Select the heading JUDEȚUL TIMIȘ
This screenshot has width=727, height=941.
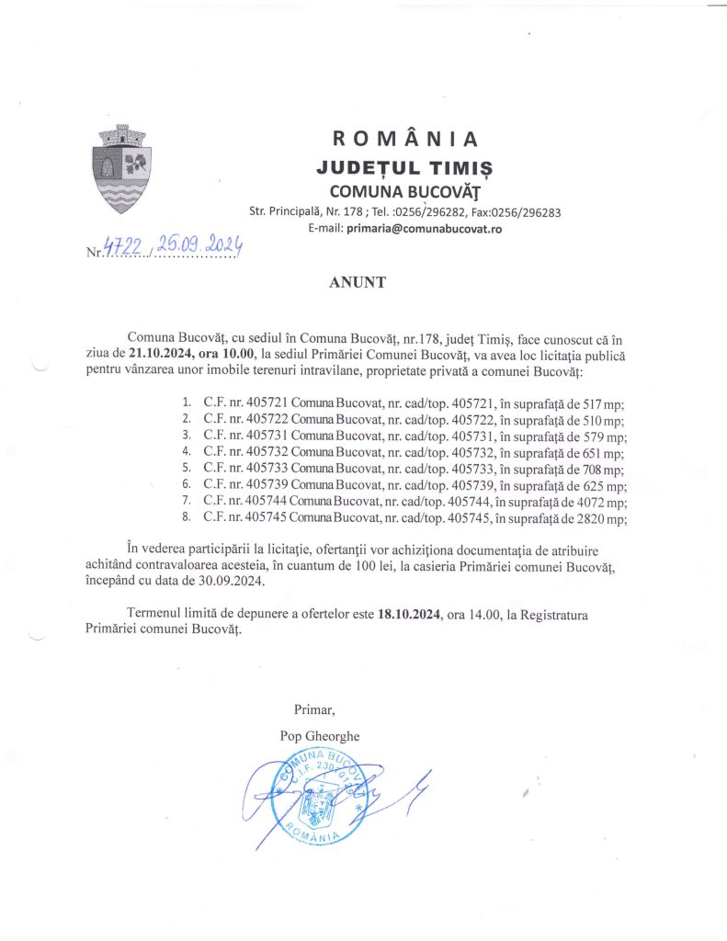(404, 168)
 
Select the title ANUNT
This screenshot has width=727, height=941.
(358, 283)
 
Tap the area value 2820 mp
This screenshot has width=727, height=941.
(604, 519)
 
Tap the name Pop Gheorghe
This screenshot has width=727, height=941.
(320, 736)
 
